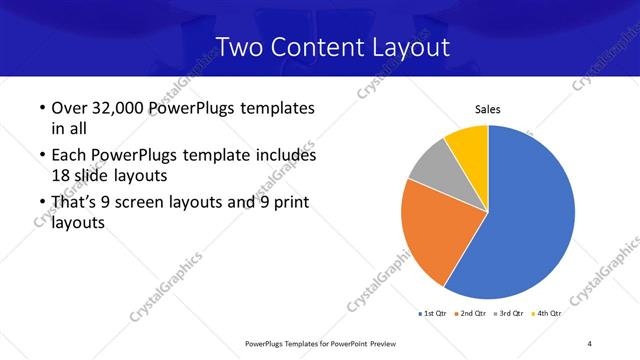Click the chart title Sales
(487, 110)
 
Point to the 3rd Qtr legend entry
(509, 313)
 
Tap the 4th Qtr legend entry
(545, 313)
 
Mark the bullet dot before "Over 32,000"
(40, 109)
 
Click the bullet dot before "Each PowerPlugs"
(40, 157)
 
